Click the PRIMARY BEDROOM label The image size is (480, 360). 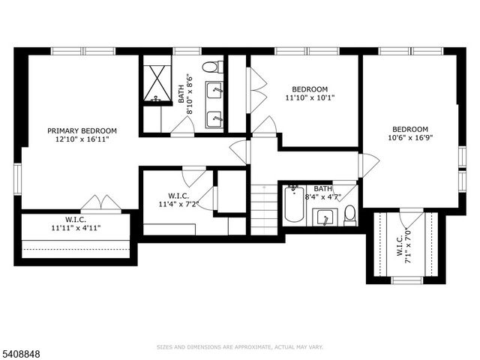(82, 130)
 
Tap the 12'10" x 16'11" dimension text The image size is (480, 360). (82, 139)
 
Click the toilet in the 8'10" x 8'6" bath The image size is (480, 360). (211, 67)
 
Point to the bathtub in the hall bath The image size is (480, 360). (294, 205)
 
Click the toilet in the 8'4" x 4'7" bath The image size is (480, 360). (349, 216)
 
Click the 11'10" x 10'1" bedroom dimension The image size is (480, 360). (310, 97)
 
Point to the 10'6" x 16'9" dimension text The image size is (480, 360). (410, 137)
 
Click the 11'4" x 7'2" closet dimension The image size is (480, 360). (178, 204)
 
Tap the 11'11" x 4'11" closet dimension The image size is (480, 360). (76, 227)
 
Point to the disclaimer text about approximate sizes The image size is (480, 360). (240, 347)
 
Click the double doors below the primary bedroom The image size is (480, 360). (101, 203)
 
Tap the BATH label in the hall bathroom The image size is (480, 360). (322, 189)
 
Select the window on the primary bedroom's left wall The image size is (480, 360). (16, 178)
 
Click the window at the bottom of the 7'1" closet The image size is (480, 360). (407, 280)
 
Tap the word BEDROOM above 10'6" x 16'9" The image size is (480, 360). (410, 128)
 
